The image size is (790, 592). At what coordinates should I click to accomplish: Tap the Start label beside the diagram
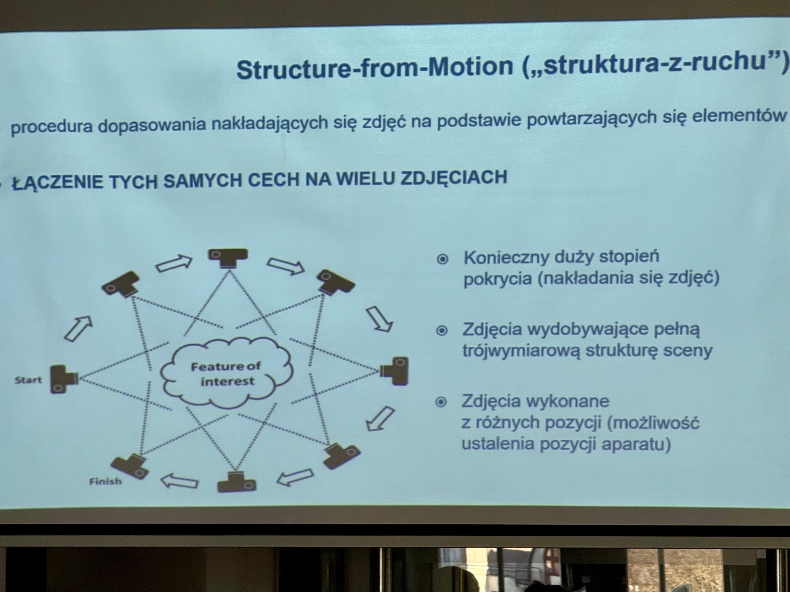click(x=28, y=380)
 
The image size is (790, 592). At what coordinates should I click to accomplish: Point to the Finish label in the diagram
click(x=105, y=481)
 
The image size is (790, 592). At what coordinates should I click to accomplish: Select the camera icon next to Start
click(x=63, y=379)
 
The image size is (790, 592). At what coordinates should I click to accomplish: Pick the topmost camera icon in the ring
click(x=228, y=258)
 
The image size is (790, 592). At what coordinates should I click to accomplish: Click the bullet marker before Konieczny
click(x=442, y=259)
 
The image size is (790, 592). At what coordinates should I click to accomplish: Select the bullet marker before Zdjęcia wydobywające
click(x=442, y=330)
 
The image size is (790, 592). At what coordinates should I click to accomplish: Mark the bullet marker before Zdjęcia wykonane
click(x=441, y=402)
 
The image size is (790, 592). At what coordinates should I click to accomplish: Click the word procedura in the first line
click(x=51, y=127)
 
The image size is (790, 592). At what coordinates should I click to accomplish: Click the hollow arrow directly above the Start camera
click(x=78, y=328)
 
